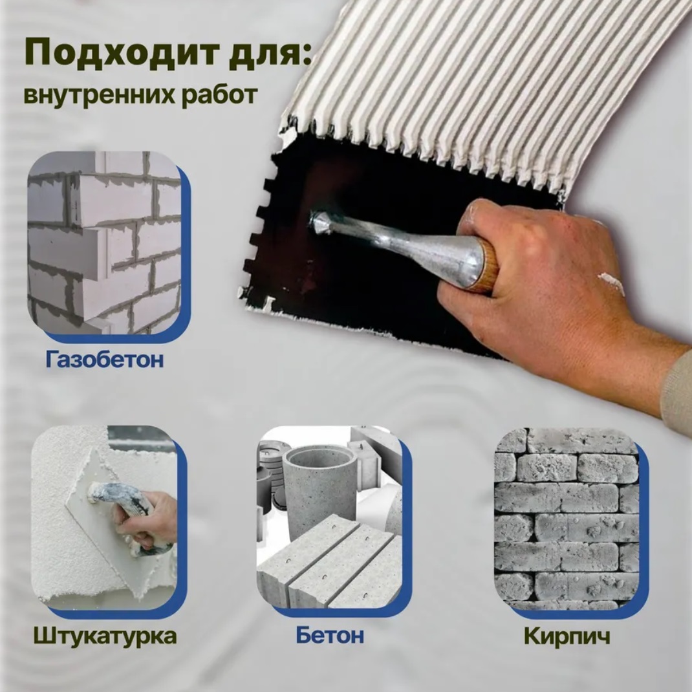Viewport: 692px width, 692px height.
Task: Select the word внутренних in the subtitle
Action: (x=98, y=95)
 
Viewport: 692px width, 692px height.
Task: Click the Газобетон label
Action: (x=105, y=359)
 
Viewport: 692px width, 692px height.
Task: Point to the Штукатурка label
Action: (x=105, y=636)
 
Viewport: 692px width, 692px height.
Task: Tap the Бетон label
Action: (x=330, y=635)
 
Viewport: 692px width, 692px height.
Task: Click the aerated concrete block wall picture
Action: (x=105, y=243)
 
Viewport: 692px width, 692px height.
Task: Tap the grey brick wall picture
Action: (x=567, y=519)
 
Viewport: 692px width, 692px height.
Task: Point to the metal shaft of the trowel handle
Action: (x=393, y=241)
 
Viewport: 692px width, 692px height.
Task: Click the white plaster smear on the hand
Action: (x=612, y=283)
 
